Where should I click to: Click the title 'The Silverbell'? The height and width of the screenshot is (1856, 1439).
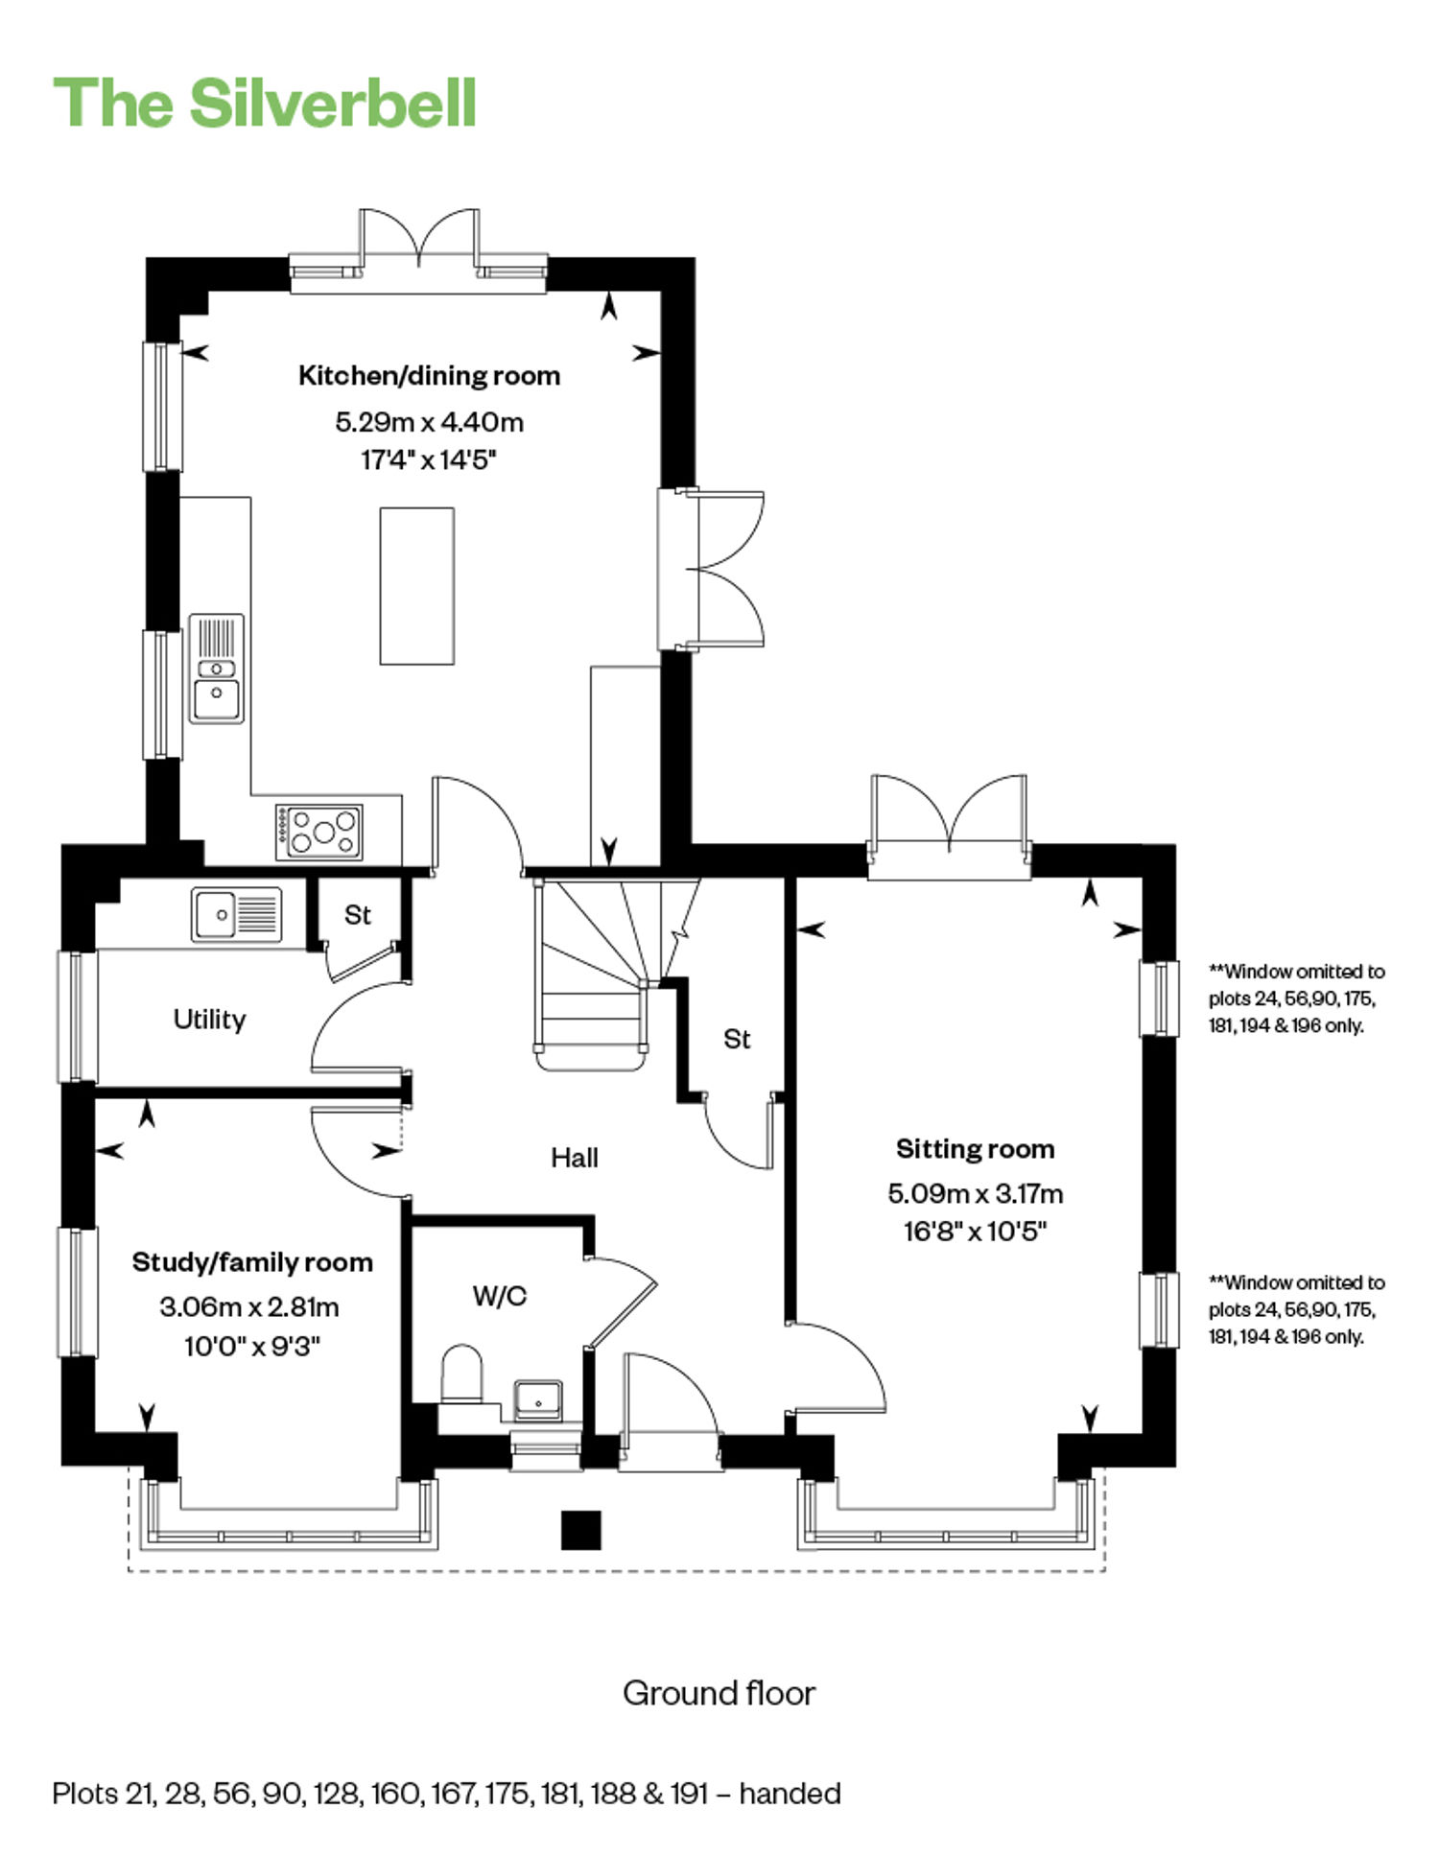(265, 103)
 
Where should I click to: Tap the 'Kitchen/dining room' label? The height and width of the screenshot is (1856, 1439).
(429, 375)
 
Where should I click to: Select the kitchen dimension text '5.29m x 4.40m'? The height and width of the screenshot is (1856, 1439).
(429, 421)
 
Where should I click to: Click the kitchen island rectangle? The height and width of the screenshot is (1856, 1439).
(416, 586)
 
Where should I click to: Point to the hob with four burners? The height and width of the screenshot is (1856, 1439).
(319, 832)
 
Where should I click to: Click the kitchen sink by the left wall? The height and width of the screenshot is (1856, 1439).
(217, 669)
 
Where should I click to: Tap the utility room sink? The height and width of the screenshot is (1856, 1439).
(236, 915)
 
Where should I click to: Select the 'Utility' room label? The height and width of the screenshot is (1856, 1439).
(209, 1019)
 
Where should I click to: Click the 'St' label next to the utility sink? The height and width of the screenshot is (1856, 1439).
(357, 915)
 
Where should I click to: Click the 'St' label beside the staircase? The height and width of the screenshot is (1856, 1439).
(737, 1039)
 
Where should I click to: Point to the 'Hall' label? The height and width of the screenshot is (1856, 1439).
(575, 1158)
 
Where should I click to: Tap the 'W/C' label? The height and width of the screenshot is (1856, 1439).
(500, 1296)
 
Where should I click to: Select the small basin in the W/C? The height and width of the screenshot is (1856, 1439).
(538, 1400)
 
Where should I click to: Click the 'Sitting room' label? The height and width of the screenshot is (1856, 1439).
(975, 1148)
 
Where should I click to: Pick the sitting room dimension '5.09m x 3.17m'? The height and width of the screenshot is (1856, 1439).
(975, 1193)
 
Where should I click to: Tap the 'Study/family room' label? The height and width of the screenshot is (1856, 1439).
(252, 1262)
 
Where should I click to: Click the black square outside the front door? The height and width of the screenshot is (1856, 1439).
(580, 1530)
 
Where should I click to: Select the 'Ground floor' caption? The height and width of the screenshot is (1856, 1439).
(719, 1694)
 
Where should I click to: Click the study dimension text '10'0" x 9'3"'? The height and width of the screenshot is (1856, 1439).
(251, 1347)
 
